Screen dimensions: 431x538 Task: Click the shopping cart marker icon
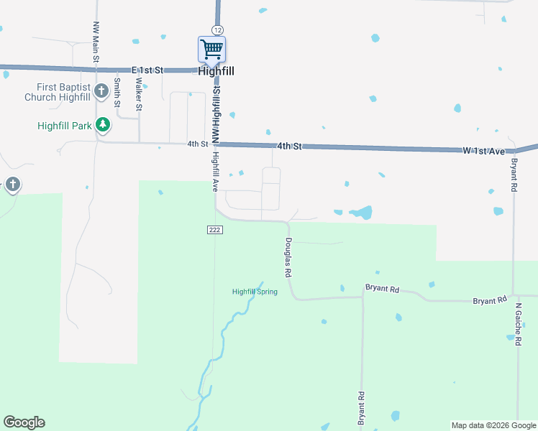point(211,50)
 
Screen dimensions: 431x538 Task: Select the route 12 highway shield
point(216,29)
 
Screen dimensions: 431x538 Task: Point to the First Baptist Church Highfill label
point(58,92)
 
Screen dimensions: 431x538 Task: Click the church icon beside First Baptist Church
point(101,91)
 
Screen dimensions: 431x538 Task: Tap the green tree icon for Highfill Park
point(103,125)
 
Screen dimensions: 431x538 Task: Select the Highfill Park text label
point(65,126)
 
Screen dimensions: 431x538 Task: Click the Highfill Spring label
point(255,292)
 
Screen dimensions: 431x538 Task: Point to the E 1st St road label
point(148,70)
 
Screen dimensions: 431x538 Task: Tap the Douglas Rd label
point(288,258)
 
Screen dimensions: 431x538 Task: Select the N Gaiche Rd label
point(517,324)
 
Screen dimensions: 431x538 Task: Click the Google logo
point(24,422)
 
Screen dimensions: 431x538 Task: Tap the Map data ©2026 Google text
point(493,425)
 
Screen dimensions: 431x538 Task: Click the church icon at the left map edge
point(12,185)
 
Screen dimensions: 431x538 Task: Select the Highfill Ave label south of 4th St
point(214,172)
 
